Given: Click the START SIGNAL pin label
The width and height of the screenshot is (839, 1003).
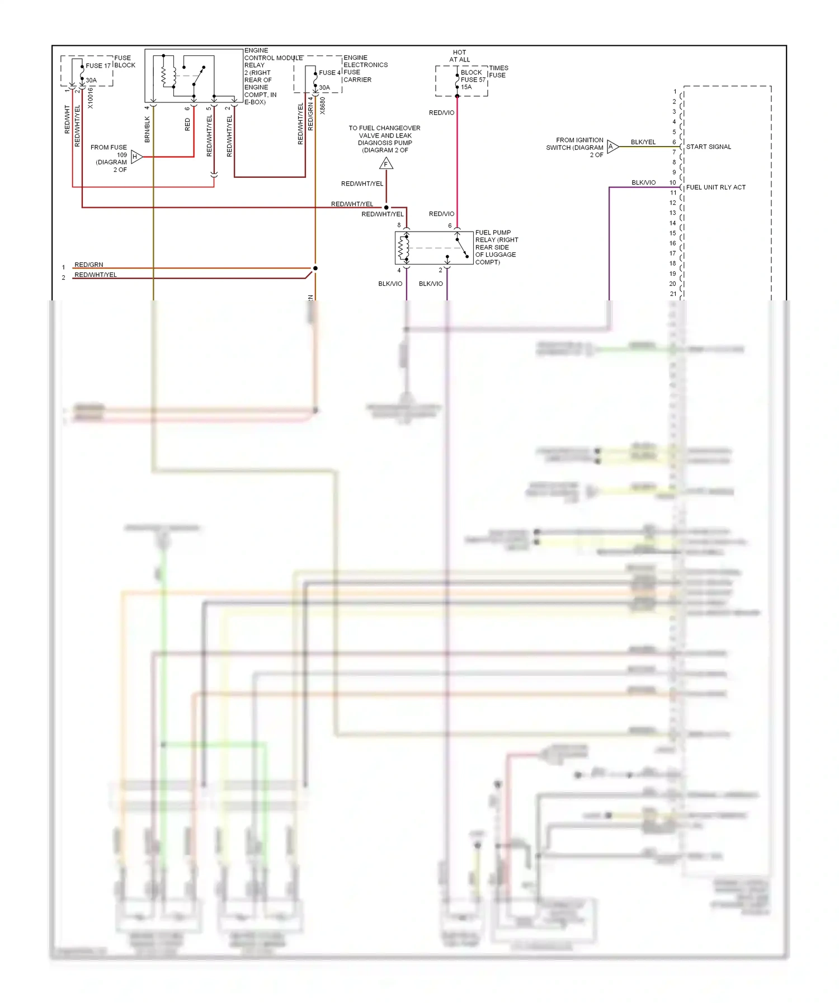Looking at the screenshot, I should click(x=708, y=147).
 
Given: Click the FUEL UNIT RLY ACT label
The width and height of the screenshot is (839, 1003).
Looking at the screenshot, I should click(x=715, y=187).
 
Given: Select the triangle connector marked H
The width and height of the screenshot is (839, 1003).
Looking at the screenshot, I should click(x=136, y=157).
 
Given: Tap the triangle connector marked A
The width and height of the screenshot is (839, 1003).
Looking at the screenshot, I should click(x=612, y=147).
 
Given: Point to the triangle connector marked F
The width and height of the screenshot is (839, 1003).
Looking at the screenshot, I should click(x=386, y=164).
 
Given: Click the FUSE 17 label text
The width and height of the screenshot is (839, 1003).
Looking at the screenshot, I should click(x=98, y=66).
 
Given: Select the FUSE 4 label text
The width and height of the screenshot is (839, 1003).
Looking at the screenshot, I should click(x=329, y=73).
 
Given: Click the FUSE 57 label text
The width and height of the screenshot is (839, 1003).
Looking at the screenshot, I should click(x=473, y=80).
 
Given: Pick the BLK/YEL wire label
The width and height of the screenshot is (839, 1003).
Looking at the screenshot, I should click(x=643, y=142).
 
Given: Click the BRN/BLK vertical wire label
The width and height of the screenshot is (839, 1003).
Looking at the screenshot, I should click(x=148, y=129).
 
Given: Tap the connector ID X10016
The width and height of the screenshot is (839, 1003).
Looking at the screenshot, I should click(x=91, y=97).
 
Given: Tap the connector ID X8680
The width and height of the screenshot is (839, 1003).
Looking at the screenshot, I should click(x=323, y=106).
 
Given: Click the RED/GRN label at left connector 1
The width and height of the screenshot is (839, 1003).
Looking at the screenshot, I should click(x=89, y=265).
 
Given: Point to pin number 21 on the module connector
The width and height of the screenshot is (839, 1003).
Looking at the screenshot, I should click(x=673, y=294).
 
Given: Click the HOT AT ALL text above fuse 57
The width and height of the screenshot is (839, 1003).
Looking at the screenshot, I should click(x=459, y=56).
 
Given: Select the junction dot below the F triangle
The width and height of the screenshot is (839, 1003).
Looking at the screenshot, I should click(x=386, y=208).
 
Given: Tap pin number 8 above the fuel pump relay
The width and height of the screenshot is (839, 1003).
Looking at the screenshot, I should click(x=399, y=225).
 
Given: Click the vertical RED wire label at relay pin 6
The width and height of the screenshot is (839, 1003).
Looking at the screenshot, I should click(x=187, y=124).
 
